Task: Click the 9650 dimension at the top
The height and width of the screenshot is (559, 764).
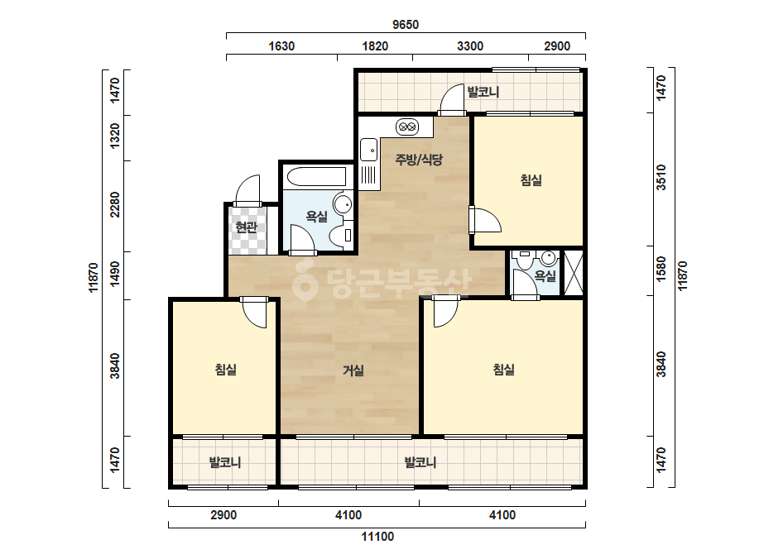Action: pos(406,24)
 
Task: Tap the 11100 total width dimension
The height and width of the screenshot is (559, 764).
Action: pos(377,537)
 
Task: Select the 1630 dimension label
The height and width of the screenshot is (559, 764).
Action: pos(281,46)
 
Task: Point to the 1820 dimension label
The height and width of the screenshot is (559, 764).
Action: pos(375,46)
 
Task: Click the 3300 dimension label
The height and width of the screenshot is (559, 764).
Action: pos(470,46)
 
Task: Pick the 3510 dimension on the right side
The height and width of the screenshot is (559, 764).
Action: pos(661,177)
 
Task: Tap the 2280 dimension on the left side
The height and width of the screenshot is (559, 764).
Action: pos(114,204)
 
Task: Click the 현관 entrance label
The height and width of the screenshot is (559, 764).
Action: pos(246,227)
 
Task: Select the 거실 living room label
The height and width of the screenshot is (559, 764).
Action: pos(353,371)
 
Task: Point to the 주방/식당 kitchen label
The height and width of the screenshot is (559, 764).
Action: pos(419,160)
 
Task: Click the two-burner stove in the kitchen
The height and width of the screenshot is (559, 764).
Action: pos(407,127)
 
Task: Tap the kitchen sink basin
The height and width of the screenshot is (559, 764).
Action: pos(369,150)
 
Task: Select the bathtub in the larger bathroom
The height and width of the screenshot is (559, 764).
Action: pos(317,177)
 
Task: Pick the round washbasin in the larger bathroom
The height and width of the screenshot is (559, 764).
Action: pos(342,203)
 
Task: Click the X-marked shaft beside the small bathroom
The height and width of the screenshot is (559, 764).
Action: pos(573,272)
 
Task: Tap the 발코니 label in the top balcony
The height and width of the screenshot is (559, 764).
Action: pos(483,92)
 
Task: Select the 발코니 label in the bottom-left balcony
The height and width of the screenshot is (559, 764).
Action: pos(224,462)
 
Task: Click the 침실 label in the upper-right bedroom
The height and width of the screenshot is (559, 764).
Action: pos(531,180)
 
